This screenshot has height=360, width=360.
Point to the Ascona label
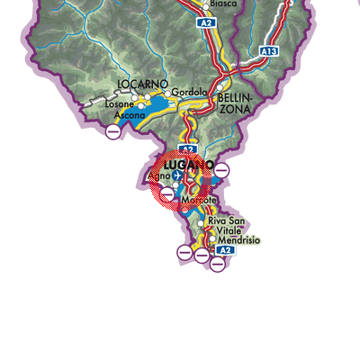129,114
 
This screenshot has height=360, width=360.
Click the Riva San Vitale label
226,226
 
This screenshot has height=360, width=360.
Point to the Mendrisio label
236,241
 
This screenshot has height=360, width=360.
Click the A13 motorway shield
269,51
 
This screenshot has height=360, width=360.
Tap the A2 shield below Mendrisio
228,250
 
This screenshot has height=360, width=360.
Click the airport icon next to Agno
176,176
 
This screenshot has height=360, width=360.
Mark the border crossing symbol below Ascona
113,132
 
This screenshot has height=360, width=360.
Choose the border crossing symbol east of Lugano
222,170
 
